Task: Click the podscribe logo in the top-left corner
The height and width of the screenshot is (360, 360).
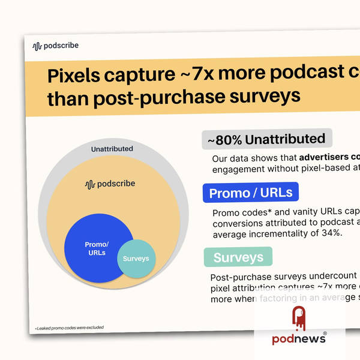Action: (55, 45)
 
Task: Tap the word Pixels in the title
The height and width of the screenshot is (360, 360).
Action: (76, 76)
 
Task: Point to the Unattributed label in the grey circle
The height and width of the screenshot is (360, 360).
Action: (112, 149)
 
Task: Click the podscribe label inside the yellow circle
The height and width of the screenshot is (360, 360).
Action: (110, 184)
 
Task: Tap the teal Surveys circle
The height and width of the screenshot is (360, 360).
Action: (136, 259)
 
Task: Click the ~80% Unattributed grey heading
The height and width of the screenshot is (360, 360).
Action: (267, 139)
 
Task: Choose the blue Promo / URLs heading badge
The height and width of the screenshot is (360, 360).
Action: (251, 193)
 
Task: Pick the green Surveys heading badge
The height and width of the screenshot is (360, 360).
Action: (238, 257)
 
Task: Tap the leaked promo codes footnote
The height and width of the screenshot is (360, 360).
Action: (69, 328)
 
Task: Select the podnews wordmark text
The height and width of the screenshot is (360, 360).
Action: (298, 339)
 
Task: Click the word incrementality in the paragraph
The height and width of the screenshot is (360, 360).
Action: (278, 232)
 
